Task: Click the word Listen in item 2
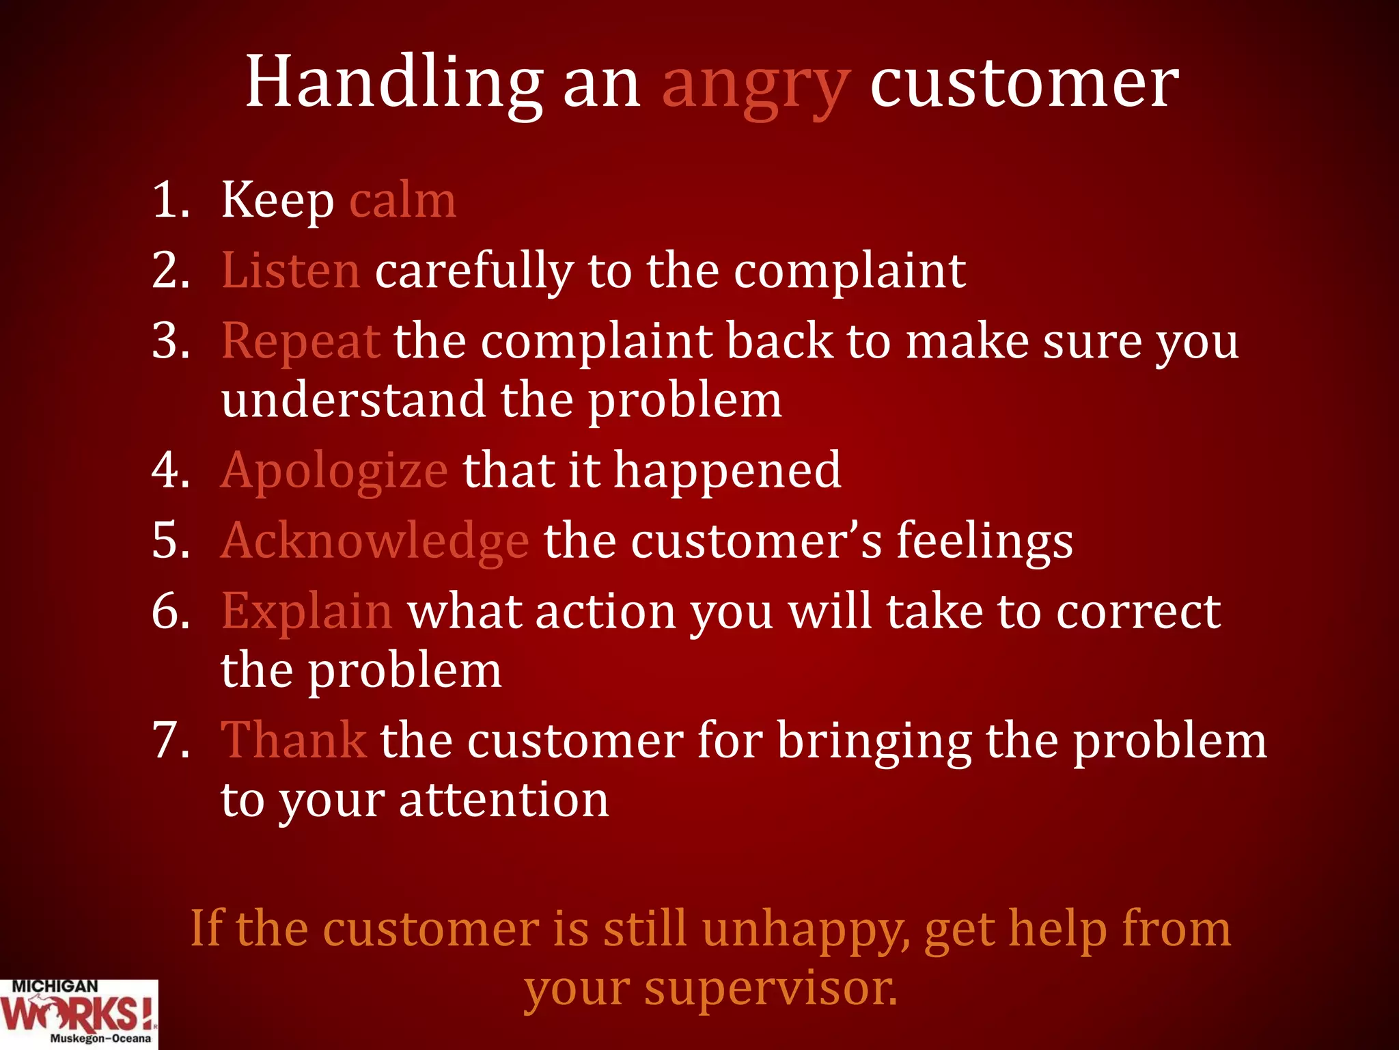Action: click(290, 271)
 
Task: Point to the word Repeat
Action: click(301, 341)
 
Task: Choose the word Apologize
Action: click(334, 471)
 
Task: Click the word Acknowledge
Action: click(374, 541)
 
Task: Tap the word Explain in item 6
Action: click(307, 611)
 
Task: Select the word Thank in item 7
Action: click(294, 740)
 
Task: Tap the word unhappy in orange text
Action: click(805, 930)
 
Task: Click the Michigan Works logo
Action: click(78, 1014)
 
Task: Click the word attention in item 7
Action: click(503, 800)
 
